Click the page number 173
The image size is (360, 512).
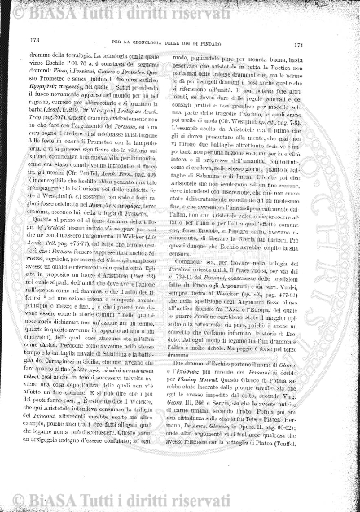click(34, 40)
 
